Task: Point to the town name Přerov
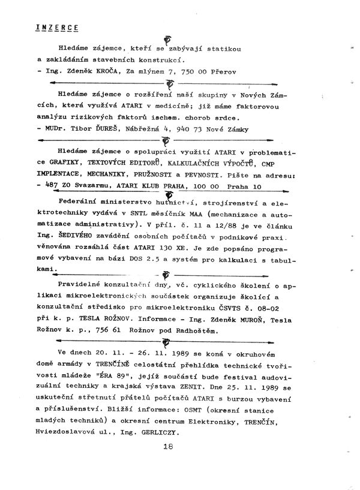221,71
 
